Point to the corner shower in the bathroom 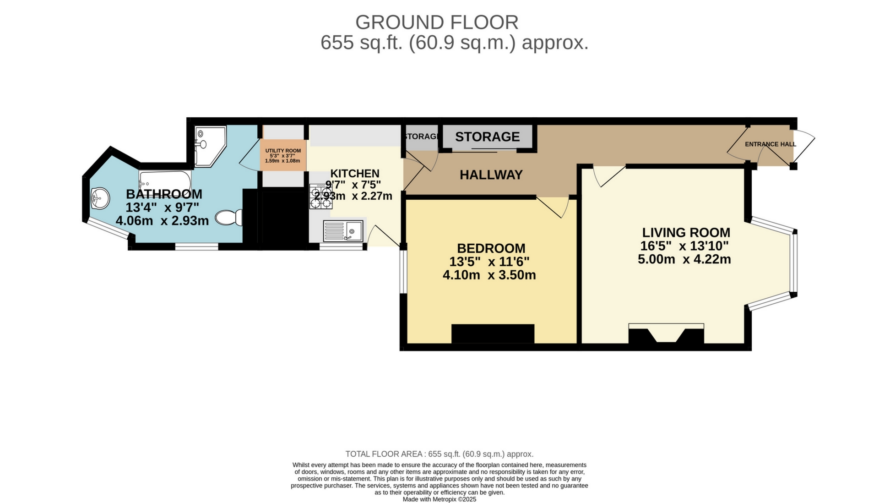(210, 146)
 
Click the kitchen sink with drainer (343, 231)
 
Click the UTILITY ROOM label (283, 151)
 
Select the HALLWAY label (491, 175)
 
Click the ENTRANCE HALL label (770, 144)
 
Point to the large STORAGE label (487, 137)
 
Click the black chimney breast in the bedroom (493, 334)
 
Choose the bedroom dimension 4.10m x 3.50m (489, 275)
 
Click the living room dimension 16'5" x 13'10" (684, 246)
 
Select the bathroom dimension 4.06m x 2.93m (163, 221)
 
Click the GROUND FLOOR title (437, 22)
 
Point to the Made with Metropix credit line (439, 499)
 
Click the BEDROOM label (491, 248)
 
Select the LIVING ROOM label (686, 233)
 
